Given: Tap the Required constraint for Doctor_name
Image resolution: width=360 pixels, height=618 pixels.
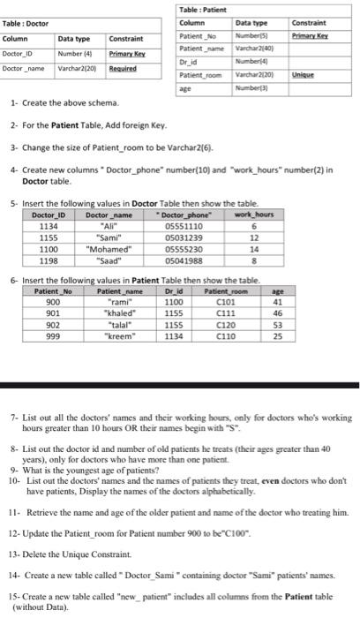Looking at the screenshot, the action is (122, 67).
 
